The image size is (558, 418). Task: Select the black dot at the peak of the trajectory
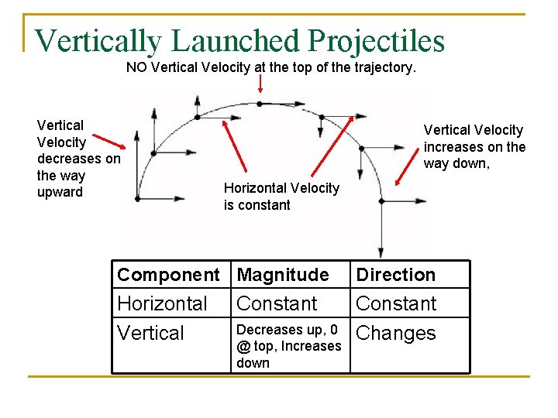260,103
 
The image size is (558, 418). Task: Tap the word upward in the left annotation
60,192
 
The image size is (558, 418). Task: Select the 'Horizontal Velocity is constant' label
281,197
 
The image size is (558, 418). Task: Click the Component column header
168,275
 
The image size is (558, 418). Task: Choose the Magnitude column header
282,275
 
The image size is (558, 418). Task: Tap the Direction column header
395,275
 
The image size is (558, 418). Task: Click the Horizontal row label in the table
162,303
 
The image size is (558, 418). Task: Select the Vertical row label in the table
150,334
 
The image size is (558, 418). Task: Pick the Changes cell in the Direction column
395,334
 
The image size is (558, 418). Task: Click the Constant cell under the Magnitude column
277,303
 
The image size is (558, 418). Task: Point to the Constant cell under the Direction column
396,303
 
